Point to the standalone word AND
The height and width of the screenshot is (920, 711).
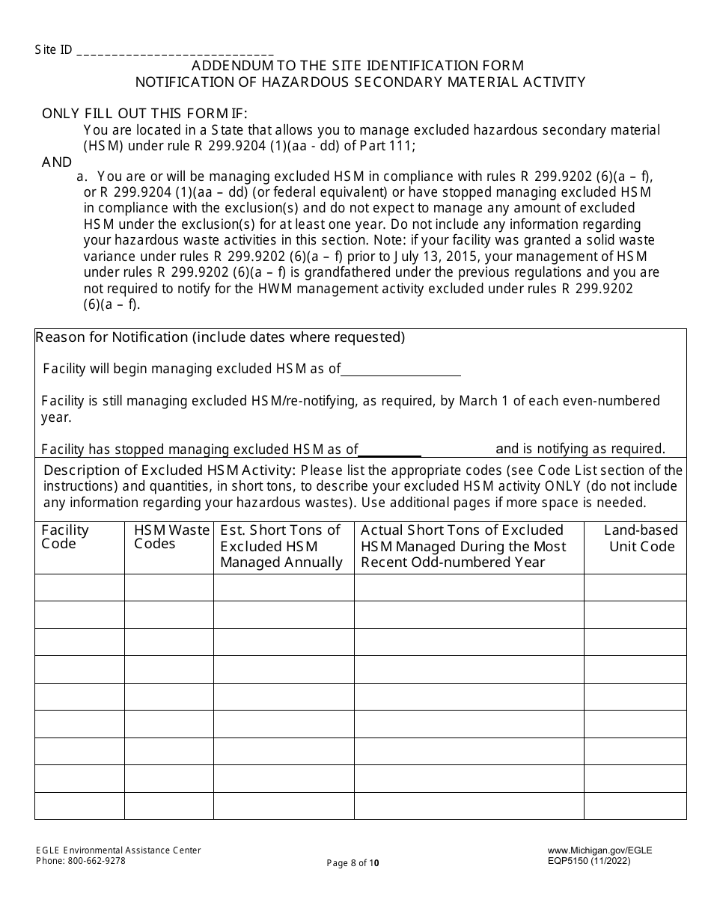point(57,162)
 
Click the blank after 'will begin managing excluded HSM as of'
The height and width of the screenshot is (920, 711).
point(400,369)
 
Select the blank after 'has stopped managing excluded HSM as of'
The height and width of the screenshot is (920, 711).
point(390,450)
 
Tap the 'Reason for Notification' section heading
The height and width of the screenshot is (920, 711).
point(220,337)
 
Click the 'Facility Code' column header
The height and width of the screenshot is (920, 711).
point(65,537)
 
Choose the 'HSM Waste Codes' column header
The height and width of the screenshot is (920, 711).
point(171,537)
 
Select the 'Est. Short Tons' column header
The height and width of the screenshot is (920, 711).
point(281,546)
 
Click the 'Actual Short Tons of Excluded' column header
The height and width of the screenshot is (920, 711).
point(463,546)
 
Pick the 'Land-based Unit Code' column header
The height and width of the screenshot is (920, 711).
point(641,539)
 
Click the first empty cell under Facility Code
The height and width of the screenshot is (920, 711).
point(79,588)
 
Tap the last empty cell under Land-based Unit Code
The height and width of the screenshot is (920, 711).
point(635,806)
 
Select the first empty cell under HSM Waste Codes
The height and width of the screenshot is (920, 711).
point(168,588)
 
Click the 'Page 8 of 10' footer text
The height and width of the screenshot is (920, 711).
point(353,863)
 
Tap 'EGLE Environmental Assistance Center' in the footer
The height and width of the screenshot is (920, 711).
point(118,850)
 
